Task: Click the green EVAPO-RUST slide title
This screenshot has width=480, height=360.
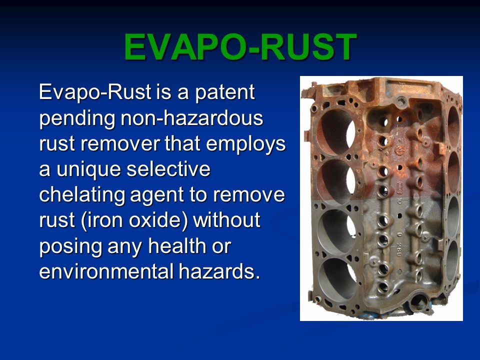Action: (240, 47)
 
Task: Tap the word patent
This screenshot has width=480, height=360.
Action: (224, 92)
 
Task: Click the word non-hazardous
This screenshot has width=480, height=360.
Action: (192, 117)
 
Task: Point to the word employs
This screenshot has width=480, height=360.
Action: (246, 144)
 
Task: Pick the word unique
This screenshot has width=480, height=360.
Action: (89, 170)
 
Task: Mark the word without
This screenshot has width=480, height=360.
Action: (227, 220)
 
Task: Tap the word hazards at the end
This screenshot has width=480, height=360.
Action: (219, 271)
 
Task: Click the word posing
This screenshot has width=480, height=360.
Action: (70, 246)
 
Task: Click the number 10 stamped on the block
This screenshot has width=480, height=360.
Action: (399, 201)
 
